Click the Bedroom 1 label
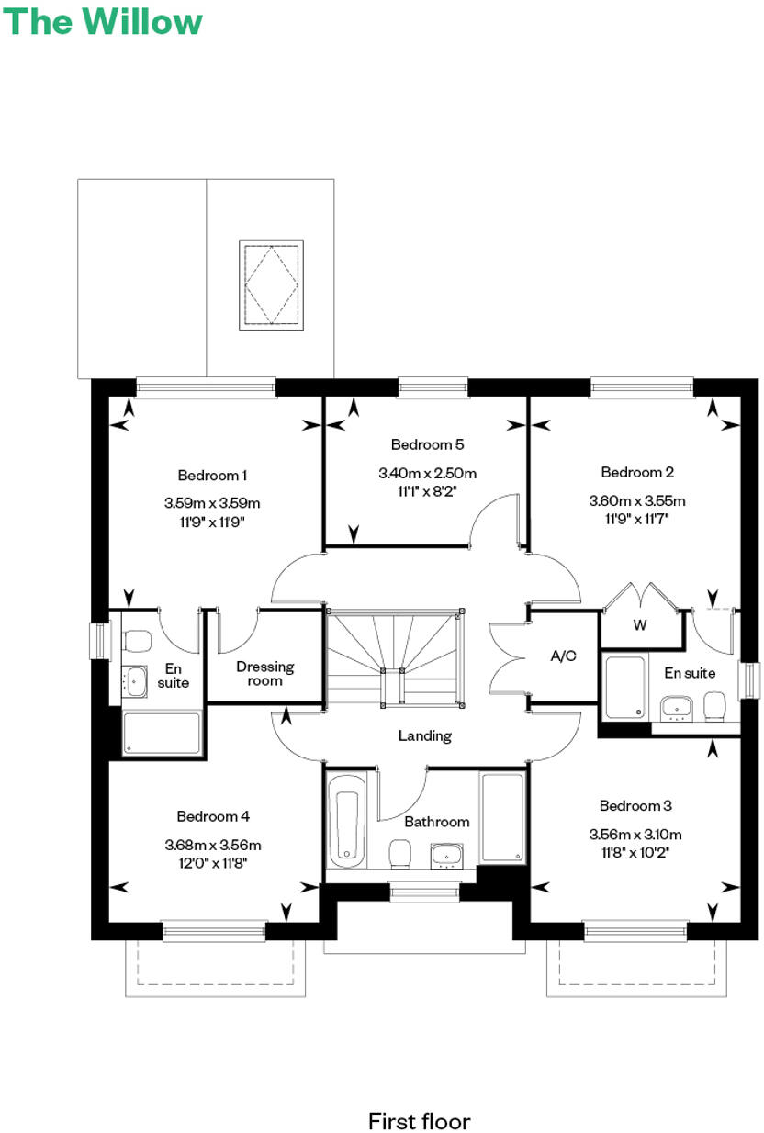(x=212, y=475)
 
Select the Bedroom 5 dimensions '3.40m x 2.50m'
(x=427, y=474)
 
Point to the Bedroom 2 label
(x=637, y=472)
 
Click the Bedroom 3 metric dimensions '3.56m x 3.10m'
(x=635, y=835)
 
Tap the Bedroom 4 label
(x=213, y=816)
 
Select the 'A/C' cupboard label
(x=562, y=656)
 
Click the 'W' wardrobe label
(x=640, y=627)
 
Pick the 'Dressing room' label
(x=264, y=673)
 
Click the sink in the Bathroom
(x=446, y=854)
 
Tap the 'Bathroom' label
(x=437, y=822)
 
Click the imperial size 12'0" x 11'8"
(x=213, y=863)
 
